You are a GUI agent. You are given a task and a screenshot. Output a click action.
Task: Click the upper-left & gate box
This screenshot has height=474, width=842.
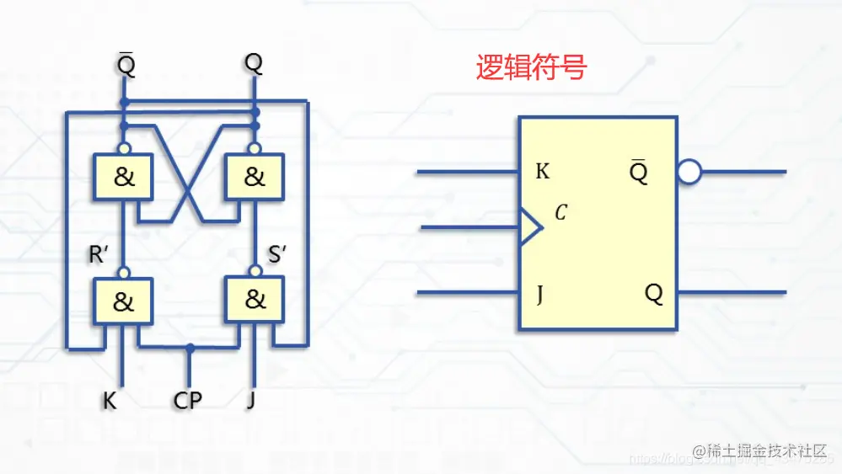[123, 177]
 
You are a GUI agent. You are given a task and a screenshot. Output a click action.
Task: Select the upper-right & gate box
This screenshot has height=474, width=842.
[254, 177]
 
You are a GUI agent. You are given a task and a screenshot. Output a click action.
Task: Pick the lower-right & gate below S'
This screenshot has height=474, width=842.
[254, 299]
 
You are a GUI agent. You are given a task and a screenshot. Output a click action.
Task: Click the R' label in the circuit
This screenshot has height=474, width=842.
[99, 255]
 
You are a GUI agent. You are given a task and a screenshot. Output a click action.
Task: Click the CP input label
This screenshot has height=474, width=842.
[188, 401]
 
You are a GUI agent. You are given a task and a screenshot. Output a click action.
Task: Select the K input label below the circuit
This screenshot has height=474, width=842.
[110, 401]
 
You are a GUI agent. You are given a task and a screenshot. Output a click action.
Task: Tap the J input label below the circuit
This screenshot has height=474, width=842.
[250, 401]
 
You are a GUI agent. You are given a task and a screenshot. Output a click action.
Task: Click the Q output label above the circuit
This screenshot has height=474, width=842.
[253, 63]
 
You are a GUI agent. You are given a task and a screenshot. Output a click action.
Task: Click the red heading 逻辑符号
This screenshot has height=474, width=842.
[530, 67]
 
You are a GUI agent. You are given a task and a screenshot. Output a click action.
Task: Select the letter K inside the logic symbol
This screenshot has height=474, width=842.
[543, 172]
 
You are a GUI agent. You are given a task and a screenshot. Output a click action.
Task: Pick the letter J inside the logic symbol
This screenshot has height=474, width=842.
[539, 294]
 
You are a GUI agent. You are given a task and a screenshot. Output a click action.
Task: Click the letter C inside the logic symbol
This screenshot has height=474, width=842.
[560, 214]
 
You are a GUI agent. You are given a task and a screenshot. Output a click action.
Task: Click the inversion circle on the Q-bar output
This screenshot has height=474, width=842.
[689, 173]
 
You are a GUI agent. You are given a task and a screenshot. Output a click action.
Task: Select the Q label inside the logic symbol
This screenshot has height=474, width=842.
[654, 293]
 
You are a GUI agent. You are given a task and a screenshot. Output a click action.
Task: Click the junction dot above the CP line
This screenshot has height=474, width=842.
[191, 347]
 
